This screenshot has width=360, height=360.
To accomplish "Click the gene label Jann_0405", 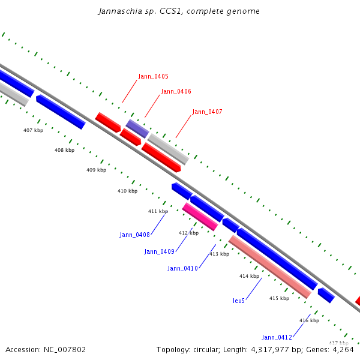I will tap(153, 76).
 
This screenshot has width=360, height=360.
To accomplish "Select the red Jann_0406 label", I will tap(176, 91).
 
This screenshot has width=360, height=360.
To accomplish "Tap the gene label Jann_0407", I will tap(207, 112).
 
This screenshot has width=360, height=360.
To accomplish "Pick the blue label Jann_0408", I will tap(134, 235).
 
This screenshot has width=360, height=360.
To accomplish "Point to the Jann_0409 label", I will tap(159, 251).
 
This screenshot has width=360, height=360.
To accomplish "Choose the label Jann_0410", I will tap(182, 268).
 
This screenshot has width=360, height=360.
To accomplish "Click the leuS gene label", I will tap(239, 301).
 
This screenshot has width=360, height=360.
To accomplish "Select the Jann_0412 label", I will tap(277, 337).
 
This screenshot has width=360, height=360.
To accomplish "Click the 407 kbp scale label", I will tap(34, 130).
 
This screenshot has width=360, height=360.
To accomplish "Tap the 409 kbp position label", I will tap(96, 170).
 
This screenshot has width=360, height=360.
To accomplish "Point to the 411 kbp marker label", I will tap(158, 211).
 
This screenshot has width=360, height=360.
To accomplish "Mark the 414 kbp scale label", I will tap(249, 276).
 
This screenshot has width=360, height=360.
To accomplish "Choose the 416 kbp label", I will tap(309, 320).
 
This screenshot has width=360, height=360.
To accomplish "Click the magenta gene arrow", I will tap(200, 217).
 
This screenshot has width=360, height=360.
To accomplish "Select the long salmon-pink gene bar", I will tap(270, 267).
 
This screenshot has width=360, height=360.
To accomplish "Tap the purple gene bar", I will tap(137, 128).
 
